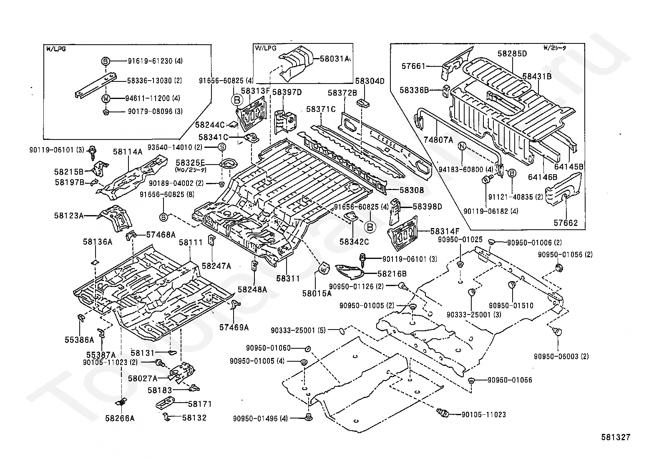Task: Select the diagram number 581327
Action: point(616,437)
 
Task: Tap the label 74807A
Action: point(438,140)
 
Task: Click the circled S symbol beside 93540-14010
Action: point(222,147)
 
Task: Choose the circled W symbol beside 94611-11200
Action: point(106,99)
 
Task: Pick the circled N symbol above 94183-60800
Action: point(462,146)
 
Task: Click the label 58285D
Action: point(512,53)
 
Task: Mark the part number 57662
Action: point(566,223)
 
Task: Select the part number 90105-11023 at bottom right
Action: point(484,415)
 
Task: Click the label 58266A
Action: point(120,418)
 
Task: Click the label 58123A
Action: point(68,216)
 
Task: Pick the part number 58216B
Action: point(392,274)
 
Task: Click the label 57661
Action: point(413,66)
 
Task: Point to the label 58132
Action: point(194,418)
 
